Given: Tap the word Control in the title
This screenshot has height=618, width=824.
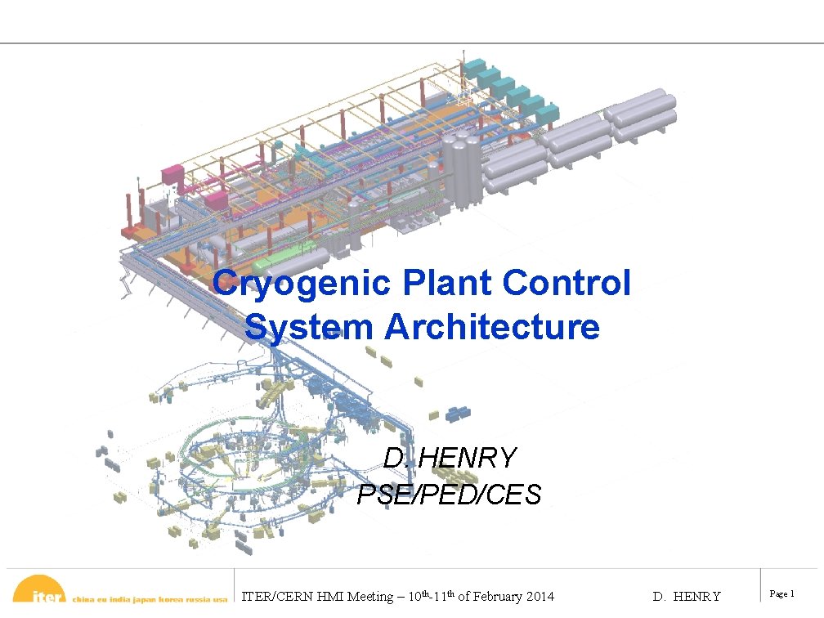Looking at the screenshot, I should pos(567,284).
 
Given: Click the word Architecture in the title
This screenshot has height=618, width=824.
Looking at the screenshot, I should pos(492,327).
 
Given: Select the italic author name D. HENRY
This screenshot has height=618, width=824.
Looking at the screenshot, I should pos(450,458).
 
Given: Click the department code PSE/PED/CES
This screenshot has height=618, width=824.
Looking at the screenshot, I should pos(450,494).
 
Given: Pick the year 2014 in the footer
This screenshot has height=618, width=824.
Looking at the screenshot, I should pos(540,597).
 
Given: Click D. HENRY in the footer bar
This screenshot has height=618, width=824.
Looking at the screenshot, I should pos(687,597).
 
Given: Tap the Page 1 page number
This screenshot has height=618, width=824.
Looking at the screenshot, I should pos(782,593).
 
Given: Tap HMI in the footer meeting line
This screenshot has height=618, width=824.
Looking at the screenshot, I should pos(324,597).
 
